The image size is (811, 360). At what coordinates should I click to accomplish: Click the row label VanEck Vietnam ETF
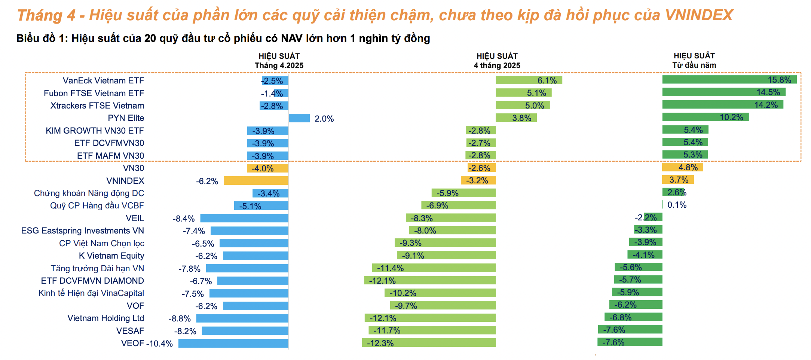tap(103, 80)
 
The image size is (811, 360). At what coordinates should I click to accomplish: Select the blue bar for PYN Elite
tap(299, 118)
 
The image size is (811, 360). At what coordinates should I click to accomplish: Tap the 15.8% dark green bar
tap(729, 80)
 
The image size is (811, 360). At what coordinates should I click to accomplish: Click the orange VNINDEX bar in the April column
tap(256, 181)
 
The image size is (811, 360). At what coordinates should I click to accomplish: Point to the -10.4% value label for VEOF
tap(160, 344)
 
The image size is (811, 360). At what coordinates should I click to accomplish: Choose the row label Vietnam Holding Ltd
tap(105, 318)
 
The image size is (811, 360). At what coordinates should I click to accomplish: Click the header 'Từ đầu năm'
tap(694, 65)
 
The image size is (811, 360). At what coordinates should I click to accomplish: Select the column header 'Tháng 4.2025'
tap(279, 65)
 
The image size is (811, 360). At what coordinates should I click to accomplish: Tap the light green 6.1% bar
tap(529, 80)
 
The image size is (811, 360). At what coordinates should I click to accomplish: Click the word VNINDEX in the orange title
tap(699, 15)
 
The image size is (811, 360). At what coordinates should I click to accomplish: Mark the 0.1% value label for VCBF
tap(677, 205)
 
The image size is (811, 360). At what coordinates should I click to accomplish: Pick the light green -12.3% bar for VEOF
tap(429, 343)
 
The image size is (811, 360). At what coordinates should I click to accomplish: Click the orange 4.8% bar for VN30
tap(682, 167)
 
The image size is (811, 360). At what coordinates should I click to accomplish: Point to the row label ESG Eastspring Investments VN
tap(83, 231)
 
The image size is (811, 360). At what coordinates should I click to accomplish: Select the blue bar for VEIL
tap(244, 218)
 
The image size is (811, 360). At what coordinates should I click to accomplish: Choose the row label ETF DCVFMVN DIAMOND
tap(92, 281)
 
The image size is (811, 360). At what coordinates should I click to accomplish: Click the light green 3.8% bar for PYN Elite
tap(516, 118)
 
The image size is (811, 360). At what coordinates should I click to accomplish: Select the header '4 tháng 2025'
tap(497, 65)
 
